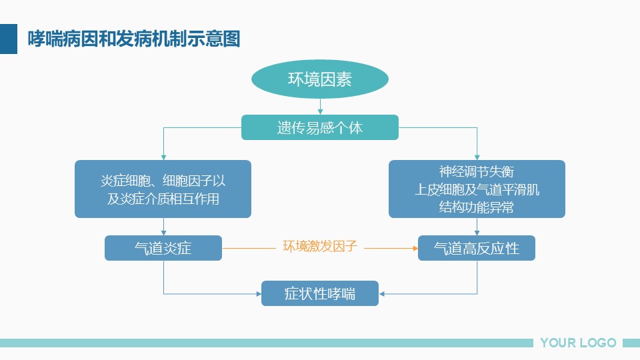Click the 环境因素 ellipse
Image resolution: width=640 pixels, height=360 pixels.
point(319,79)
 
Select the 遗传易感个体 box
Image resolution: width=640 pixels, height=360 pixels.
point(320,127)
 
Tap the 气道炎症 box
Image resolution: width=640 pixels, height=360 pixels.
point(163,248)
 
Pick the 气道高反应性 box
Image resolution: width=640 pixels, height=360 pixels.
point(476,248)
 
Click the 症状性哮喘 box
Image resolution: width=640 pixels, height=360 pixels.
point(320,293)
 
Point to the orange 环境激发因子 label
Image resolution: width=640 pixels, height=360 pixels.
point(320,246)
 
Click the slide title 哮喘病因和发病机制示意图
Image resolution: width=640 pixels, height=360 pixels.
point(134,39)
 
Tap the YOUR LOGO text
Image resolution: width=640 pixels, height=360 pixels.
point(578,343)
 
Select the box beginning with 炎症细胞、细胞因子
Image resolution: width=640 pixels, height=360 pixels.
point(163,189)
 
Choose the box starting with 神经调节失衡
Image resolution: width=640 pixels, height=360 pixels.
point(477,189)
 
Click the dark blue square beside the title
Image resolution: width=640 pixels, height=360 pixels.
point(9,39)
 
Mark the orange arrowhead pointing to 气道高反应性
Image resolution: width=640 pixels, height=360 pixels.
point(415,248)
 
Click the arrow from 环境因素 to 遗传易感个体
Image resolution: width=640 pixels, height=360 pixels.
point(320,107)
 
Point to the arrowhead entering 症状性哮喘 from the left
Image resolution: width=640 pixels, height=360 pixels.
point(259,293)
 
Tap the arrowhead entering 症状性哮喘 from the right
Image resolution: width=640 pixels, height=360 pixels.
point(381,293)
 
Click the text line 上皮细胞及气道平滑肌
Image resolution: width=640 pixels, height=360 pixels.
point(477,189)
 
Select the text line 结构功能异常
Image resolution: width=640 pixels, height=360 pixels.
point(477,207)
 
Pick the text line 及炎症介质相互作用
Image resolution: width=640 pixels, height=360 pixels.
point(163,199)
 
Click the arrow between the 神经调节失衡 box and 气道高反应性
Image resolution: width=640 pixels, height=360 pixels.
point(477,227)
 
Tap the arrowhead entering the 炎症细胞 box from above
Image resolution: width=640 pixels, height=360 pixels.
point(164,157)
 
